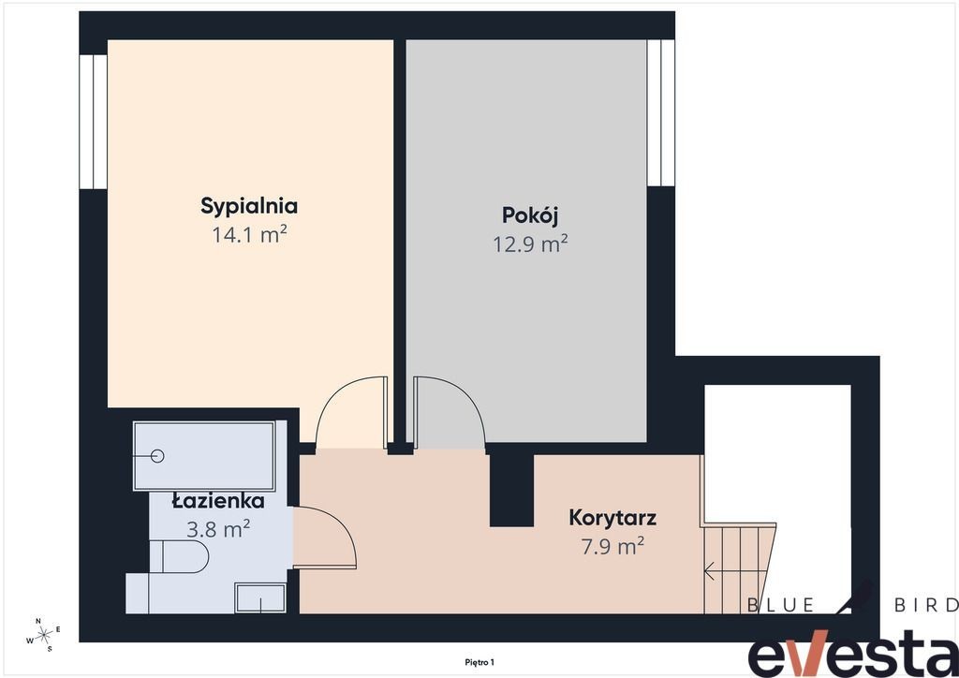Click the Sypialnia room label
[249, 207]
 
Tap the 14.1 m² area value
[249, 234]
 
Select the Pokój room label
[530, 215]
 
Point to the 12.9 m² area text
[530, 243]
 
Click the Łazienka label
[217, 501]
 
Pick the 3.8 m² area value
[217, 529]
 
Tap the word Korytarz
[612, 518]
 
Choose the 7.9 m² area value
[612, 546]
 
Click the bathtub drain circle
[157, 455]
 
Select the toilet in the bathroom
[179, 556]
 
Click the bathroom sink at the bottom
[260, 597]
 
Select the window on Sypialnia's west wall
[93, 121]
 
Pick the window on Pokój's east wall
[660, 112]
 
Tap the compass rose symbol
[44, 635]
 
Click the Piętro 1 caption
[479, 662]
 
